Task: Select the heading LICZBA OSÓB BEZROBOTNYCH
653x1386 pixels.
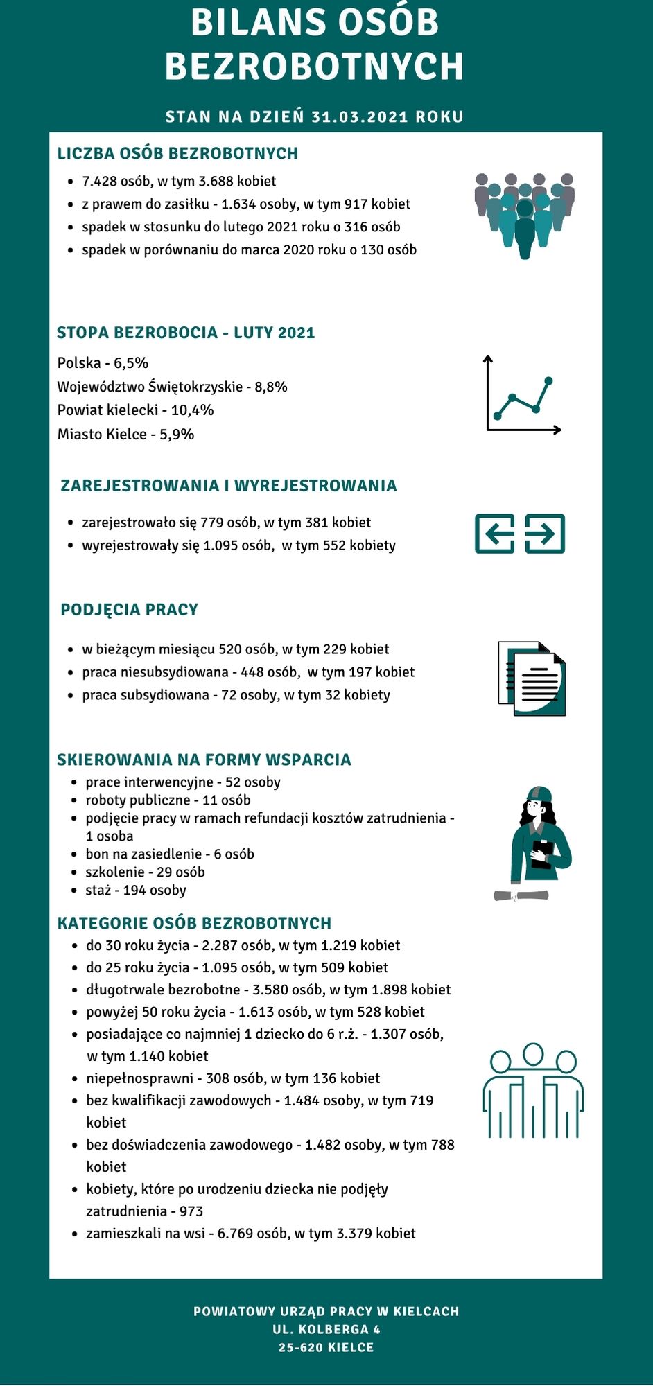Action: pyautogui.click(x=177, y=153)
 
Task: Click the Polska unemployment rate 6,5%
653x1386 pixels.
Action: pyautogui.click(x=131, y=363)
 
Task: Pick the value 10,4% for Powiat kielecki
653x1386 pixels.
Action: pyautogui.click(x=192, y=410)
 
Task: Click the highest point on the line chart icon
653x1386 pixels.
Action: pyautogui.click(x=549, y=380)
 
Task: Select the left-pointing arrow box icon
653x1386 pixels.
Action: pyautogui.click(x=494, y=534)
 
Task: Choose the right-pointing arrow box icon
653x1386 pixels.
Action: pyautogui.click(x=545, y=534)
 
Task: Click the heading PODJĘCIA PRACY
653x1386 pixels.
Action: pyautogui.click(x=130, y=610)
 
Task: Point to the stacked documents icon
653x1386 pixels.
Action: pyautogui.click(x=532, y=678)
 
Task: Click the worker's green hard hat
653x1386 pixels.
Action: pyautogui.click(x=539, y=793)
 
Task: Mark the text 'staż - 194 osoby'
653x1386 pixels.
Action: pyautogui.click(x=136, y=891)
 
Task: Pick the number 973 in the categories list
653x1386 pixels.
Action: pyautogui.click(x=191, y=1211)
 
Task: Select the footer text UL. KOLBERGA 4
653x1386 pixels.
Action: pyautogui.click(x=326, y=1329)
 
